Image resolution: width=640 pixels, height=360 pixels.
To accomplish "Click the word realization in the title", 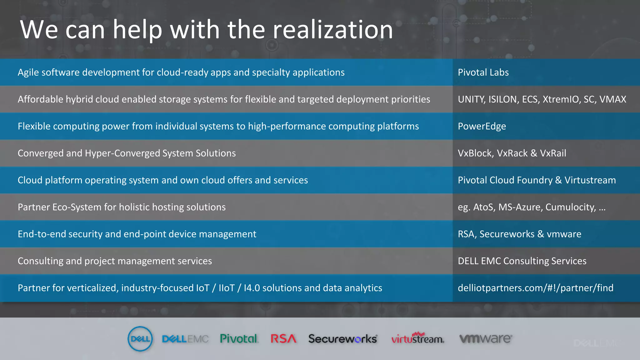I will (333, 30).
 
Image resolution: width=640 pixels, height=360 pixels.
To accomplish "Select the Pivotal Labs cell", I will (483, 72).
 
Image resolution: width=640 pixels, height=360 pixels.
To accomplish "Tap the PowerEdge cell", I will (482, 126).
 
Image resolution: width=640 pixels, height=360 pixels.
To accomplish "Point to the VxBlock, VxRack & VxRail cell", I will (512, 153).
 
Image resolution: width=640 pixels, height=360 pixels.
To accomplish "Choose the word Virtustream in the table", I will (590, 180).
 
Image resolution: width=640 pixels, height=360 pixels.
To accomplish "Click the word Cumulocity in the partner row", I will (571, 207).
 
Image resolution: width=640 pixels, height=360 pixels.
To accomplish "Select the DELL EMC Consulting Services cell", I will (522, 261).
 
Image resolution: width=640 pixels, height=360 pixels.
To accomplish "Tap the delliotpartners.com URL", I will (535, 288).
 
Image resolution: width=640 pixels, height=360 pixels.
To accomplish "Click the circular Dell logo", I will (140, 339).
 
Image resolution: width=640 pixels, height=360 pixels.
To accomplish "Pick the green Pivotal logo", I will (239, 339).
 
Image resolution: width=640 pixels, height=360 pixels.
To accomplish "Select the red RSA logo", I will (283, 339).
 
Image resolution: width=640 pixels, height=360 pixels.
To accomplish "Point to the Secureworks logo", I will (343, 339).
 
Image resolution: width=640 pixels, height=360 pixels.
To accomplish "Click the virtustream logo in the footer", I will (417, 339).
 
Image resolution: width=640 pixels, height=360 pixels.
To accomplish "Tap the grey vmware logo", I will (485, 339).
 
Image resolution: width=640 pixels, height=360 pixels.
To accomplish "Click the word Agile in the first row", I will (28, 72).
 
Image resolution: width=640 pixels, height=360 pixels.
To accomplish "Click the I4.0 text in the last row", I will (252, 288).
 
